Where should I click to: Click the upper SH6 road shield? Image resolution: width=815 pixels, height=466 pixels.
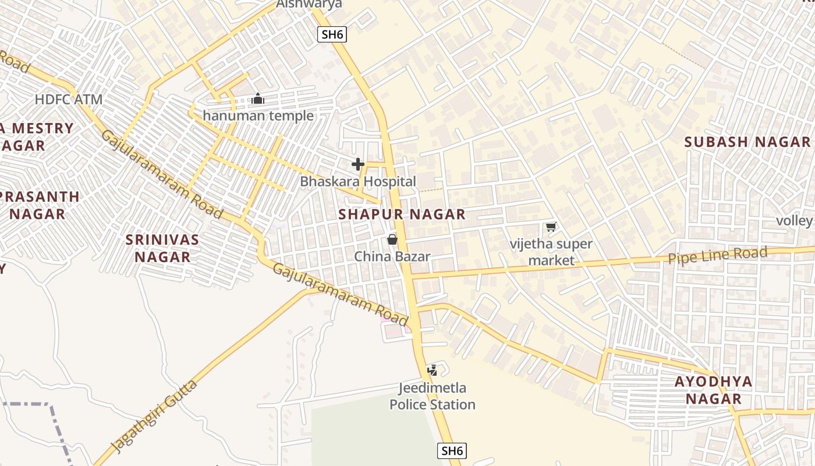(332, 34)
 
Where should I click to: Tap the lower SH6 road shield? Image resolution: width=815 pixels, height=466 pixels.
(452, 450)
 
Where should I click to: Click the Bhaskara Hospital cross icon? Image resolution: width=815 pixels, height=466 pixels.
(358, 164)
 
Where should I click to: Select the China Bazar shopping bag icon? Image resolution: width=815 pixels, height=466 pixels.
(392, 239)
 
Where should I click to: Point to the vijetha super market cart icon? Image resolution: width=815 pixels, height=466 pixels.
(551, 227)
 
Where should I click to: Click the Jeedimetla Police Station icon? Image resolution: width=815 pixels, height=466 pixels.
(433, 370)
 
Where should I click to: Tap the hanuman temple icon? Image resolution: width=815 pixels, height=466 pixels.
(258, 98)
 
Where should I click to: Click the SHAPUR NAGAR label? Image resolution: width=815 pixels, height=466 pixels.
(402, 214)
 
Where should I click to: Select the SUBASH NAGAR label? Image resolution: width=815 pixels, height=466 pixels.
(747, 142)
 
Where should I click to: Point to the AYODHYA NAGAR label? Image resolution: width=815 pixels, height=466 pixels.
(713, 390)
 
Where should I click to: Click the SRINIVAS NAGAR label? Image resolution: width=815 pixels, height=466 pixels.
(163, 248)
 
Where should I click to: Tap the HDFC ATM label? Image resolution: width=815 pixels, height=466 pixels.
(69, 99)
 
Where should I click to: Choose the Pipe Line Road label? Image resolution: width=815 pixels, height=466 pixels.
(718, 255)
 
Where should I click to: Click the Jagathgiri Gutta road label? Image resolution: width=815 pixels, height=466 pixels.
(154, 416)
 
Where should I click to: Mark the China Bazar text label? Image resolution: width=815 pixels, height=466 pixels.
(392, 256)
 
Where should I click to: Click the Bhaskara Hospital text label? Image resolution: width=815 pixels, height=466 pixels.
(358, 182)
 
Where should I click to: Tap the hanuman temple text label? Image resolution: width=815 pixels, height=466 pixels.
(258, 115)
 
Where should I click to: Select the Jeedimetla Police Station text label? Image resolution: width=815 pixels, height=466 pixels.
(433, 396)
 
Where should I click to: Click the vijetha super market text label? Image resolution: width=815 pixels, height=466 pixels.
(551, 252)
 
